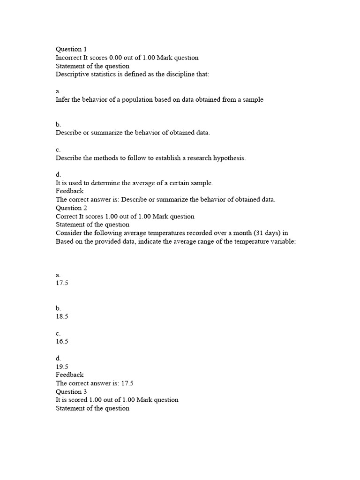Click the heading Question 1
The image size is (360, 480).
(71, 49)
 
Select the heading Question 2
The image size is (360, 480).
(71, 208)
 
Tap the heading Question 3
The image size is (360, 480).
(71, 391)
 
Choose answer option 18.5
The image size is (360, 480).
(62, 316)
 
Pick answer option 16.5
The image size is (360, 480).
(62, 341)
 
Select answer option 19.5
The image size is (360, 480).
(62, 366)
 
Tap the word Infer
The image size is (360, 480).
(62, 100)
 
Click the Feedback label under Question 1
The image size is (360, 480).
(69, 191)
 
